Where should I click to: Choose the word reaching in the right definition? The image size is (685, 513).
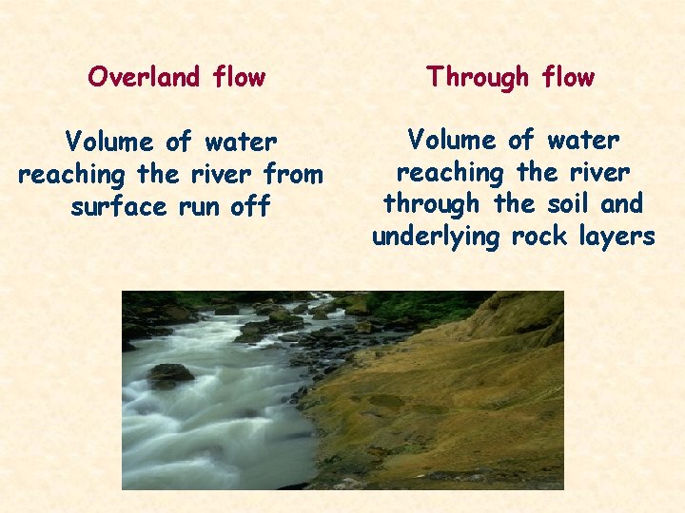[x=449, y=174]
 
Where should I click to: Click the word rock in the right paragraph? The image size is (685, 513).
[x=543, y=236]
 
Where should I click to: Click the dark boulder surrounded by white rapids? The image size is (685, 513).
[x=169, y=374]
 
